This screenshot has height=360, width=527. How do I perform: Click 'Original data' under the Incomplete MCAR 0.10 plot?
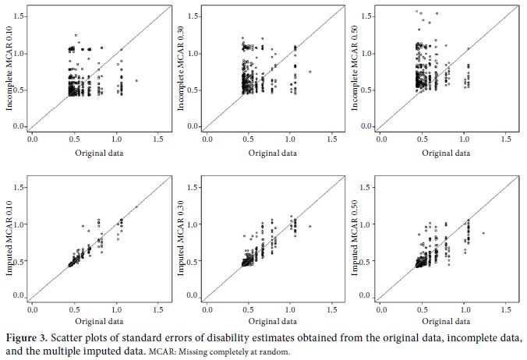98,153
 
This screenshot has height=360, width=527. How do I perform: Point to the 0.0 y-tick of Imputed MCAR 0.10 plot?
19,296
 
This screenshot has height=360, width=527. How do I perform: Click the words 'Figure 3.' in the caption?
25,337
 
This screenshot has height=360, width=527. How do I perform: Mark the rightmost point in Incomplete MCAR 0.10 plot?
136,80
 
